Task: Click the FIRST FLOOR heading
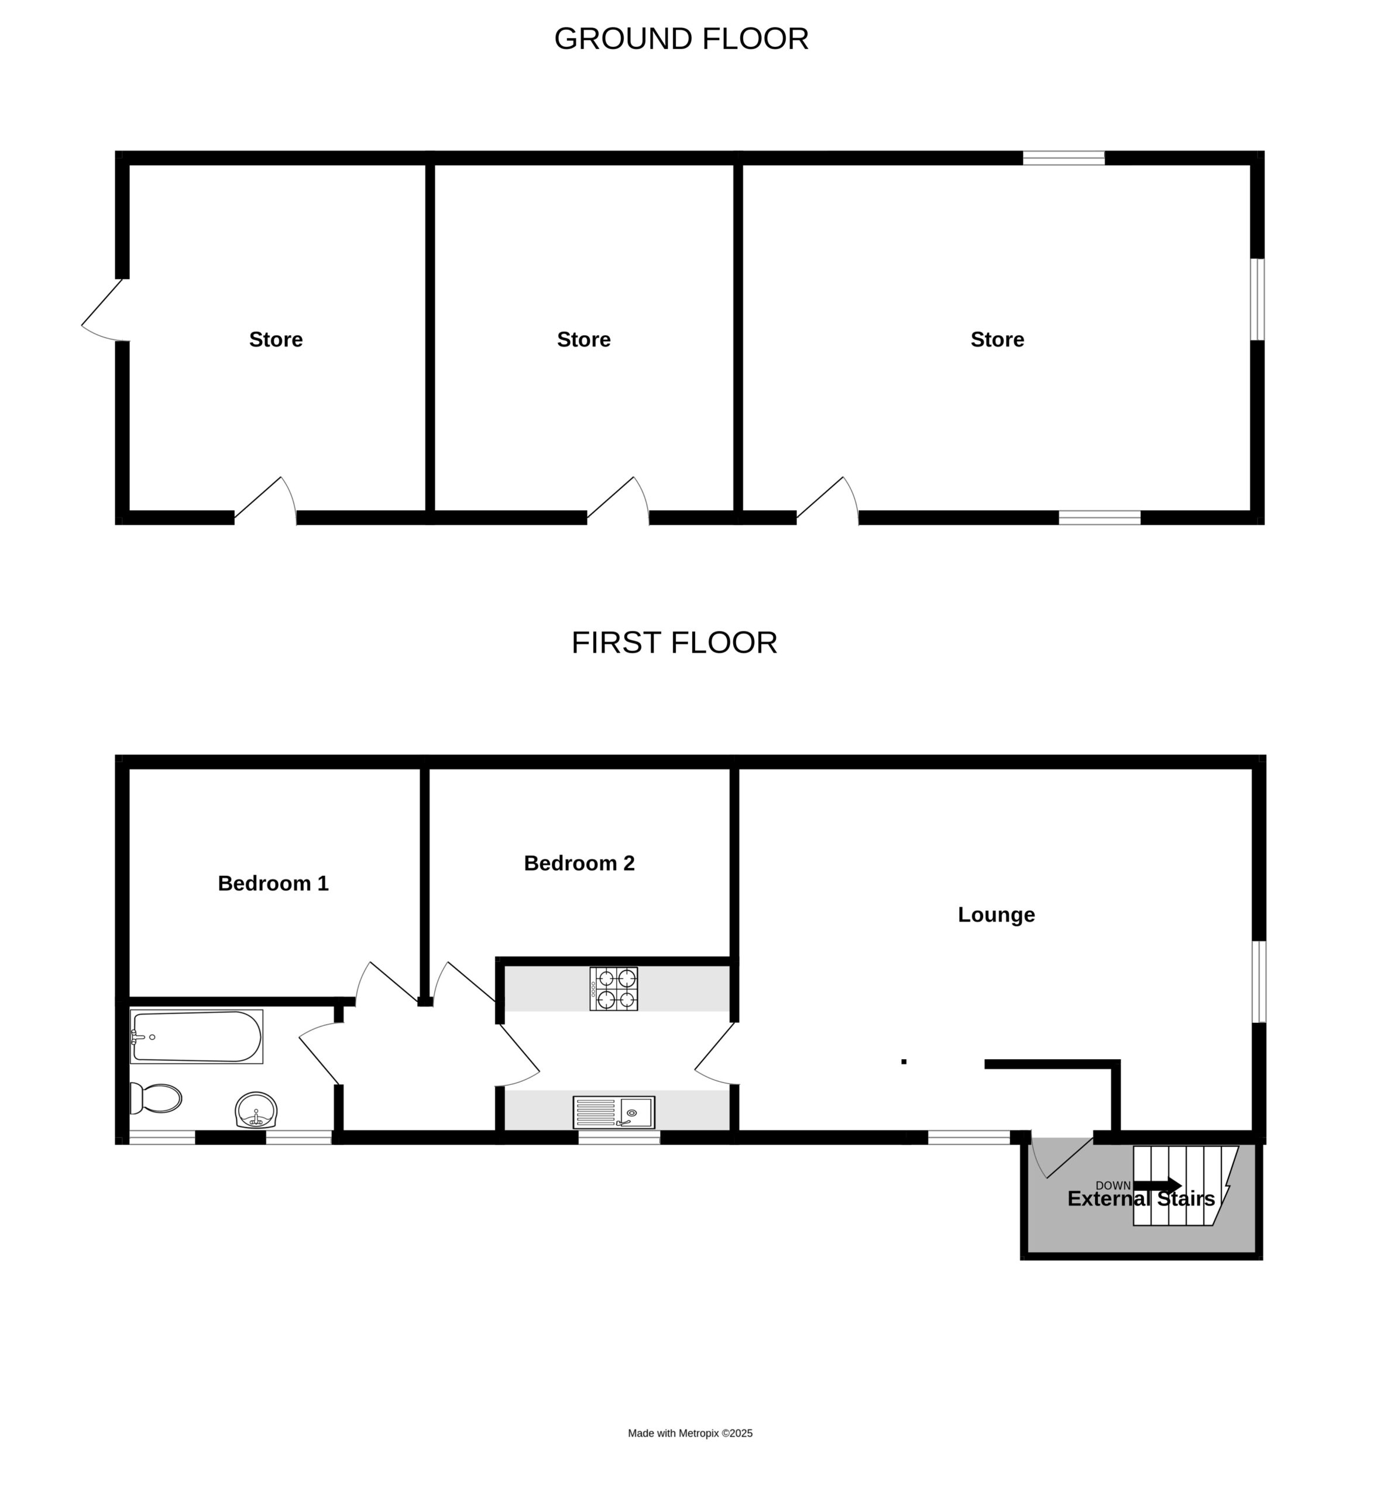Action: click(x=674, y=643)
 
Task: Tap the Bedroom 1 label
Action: click(x=273, y=884)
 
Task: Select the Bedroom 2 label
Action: click(x=579, y=864)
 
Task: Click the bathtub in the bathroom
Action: click(x=197, y=1036)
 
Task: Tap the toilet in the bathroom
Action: click(x=156, y=1098)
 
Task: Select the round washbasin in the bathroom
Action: click(x=256, y=1110)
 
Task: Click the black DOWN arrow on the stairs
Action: click(x=1157, y=1186)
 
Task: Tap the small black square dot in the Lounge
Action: click(x=904, y=1061)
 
